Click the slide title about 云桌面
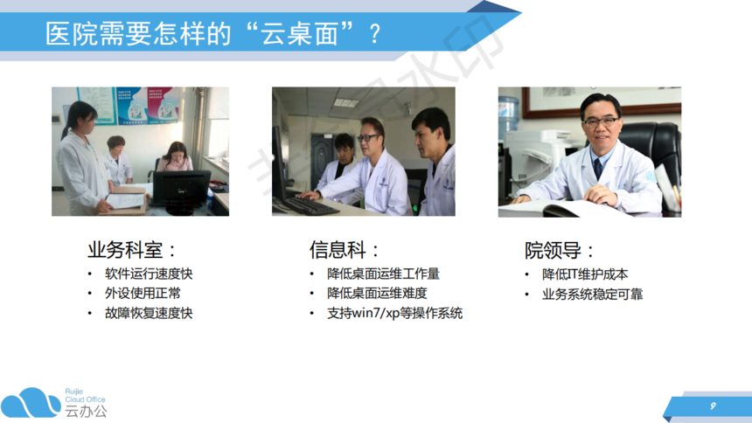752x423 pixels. (x=213, y=33)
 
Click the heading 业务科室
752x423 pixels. (x=131, y=250)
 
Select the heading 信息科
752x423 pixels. (x=344, y=250)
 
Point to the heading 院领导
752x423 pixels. (x=559, y=250)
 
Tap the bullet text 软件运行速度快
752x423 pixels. (x=149, y=274)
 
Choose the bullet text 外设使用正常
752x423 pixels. (x=143, y=293)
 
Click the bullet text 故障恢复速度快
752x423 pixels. (x=149, y=313)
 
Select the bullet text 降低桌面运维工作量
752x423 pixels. (x=383, y=274)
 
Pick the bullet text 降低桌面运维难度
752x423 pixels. (x=377, y=293)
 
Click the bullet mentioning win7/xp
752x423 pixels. (x=394, y=313)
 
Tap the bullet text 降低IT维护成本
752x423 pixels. (x=585, y=274)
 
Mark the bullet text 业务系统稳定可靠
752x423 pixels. (x=592, y=294)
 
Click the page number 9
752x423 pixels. (x=714, y=406)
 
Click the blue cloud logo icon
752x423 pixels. (x=31, y=403)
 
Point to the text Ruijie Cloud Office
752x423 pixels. (x=85, y=396)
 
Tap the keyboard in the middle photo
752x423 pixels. (x=312, y=205)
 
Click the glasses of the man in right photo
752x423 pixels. (x=601, y=121)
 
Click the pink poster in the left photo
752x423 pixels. (x=163, y=104)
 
